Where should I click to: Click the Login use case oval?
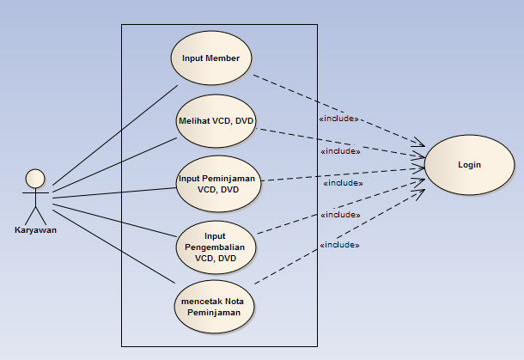pyautogui.click(x=469, y=165)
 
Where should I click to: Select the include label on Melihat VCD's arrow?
pyautogui.click(x=340, y=151)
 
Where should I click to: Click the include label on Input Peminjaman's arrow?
pyautogui.click(x=343, y=183)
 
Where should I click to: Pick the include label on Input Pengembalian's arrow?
pyautogui.click(x=339, y=214)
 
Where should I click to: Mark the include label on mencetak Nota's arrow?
pyautogui.click(x=339, y=245)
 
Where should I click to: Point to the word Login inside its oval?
pyautogui.click(x=469, y=165)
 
